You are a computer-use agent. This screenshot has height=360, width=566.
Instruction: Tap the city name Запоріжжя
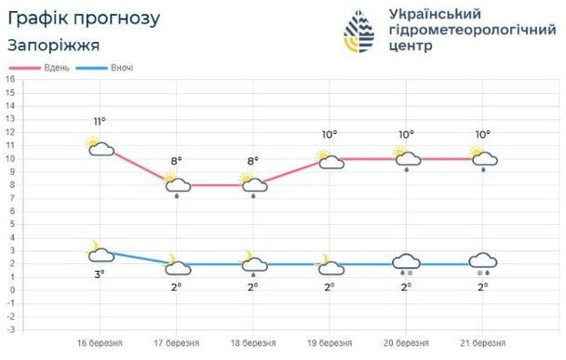coord(54,45)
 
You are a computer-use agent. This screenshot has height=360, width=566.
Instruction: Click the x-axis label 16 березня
coord(100,342)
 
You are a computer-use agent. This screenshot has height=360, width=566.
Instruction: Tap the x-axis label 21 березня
coord(483,342)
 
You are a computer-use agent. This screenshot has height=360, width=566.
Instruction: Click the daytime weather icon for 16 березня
coord(99,146)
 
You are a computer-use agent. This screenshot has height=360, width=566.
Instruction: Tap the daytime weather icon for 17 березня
coord(175,186)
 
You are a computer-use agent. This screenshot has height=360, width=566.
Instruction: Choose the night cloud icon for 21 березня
coord(482,263)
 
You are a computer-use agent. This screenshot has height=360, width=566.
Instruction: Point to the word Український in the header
coord(433,14)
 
